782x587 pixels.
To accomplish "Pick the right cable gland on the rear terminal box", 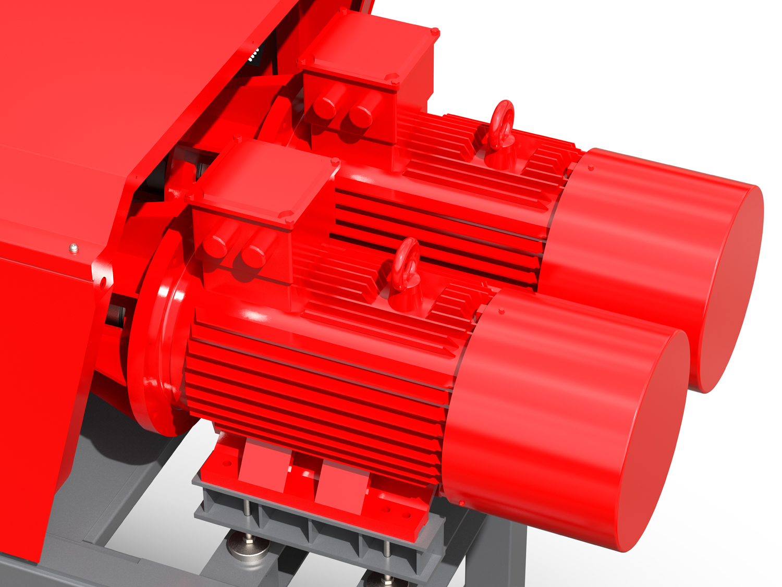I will click(x=360, y=115).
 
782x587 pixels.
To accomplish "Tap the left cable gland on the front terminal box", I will click(x=215, y=246).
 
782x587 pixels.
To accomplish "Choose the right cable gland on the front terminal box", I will click(x=253, y=256).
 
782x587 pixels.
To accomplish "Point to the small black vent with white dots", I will click(x=254, y=55).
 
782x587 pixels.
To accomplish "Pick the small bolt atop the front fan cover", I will click(x=502, y=312).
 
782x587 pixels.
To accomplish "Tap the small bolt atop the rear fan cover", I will click(x=591, y=168).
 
